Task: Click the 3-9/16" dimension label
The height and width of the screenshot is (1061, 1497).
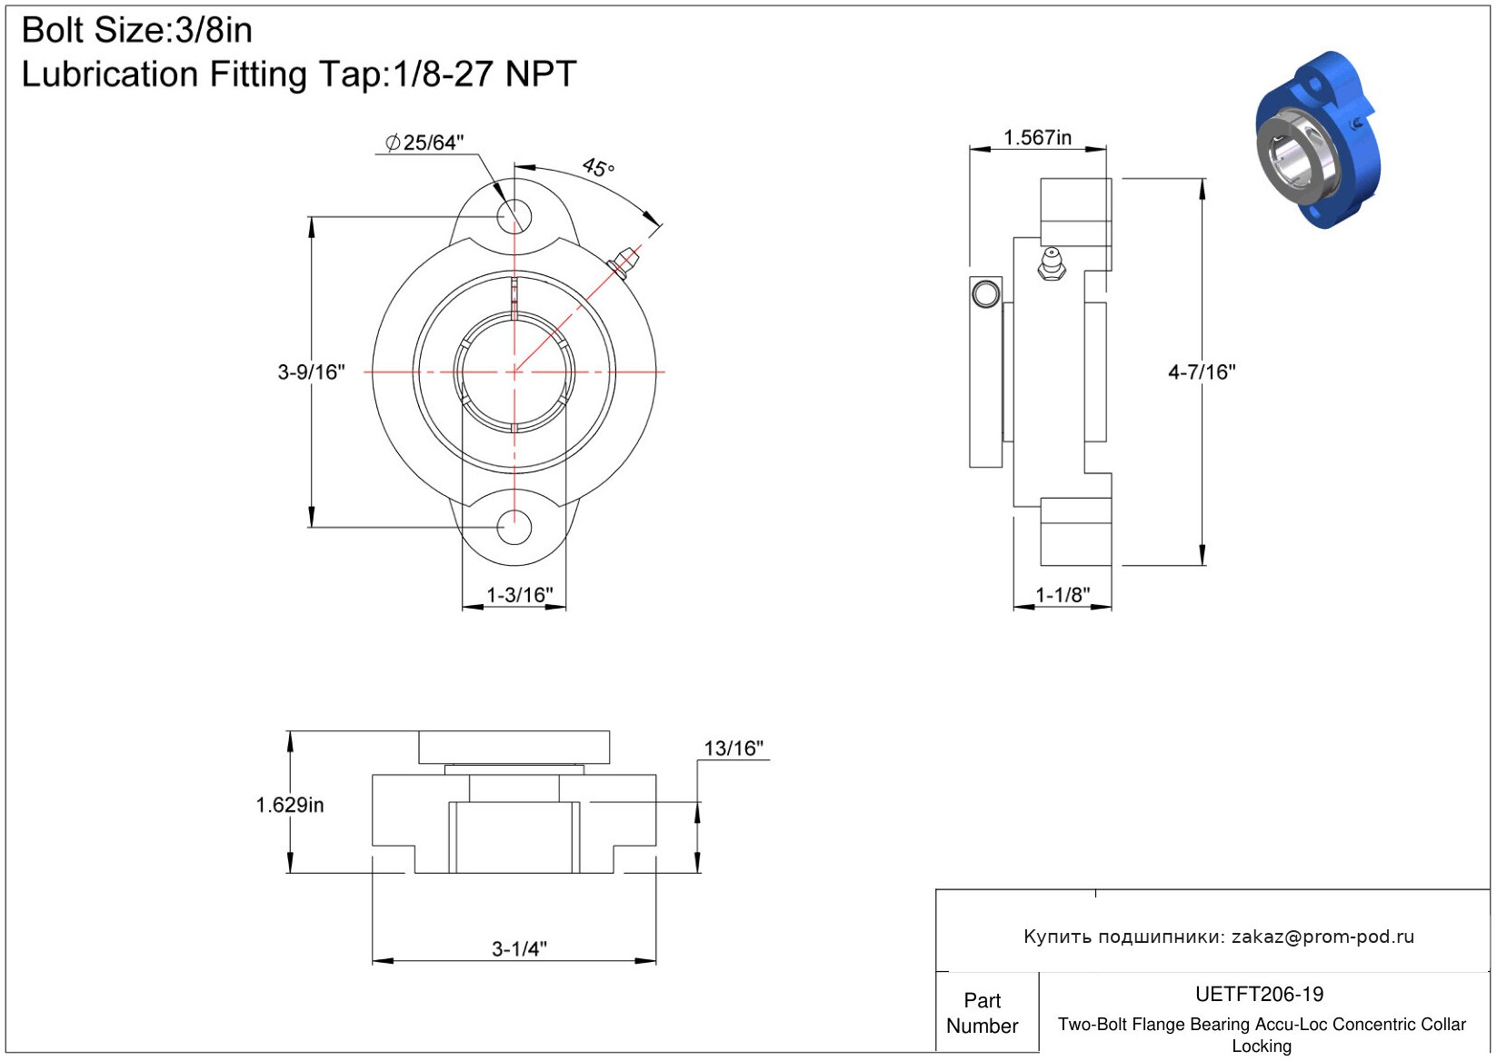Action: (312, 372)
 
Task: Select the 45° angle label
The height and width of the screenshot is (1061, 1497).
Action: (598, 167)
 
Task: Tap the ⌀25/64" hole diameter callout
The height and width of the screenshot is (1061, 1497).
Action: (424, 143)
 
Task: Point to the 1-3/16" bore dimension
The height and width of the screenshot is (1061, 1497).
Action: (519, 594)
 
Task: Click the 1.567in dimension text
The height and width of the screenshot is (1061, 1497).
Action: (1037, 137)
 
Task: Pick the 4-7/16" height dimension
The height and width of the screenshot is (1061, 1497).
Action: (1202, 372)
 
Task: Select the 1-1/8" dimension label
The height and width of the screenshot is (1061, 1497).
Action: (1063, 594)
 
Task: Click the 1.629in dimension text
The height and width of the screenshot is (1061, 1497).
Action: (289, 805)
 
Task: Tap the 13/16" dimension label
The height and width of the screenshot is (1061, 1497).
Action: (734, 748)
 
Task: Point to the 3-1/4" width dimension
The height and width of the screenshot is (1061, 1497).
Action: (519, 948)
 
